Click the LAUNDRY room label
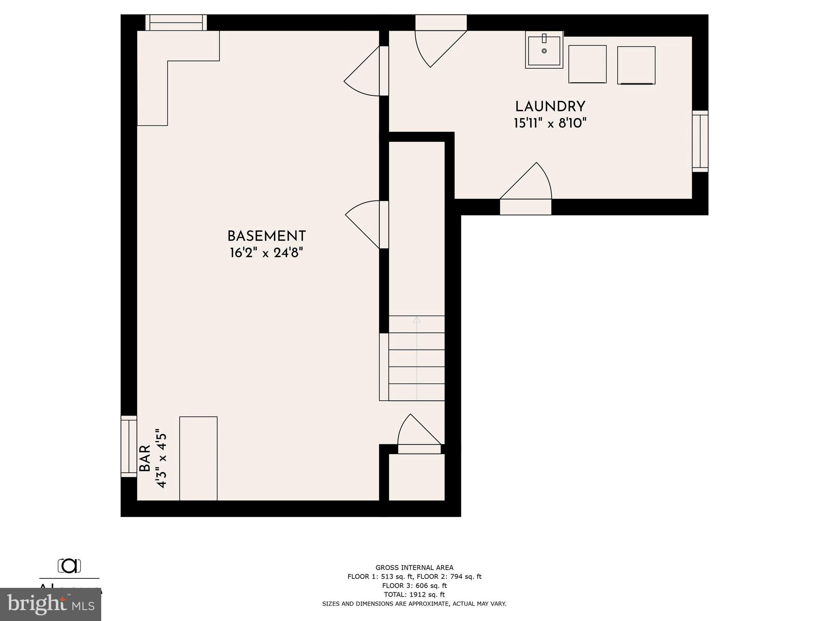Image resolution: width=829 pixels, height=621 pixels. (x=550, y=107)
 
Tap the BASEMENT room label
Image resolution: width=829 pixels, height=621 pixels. (x=266, y=236)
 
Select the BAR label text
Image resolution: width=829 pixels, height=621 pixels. (x=145, y=458)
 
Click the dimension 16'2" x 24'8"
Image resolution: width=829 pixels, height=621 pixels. (x=266, y=253)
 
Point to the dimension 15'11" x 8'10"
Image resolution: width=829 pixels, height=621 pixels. (x=550, y=123)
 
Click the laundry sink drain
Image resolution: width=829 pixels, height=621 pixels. (x=544, y=51)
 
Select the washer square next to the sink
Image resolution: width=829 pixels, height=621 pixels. (x=587, y=64)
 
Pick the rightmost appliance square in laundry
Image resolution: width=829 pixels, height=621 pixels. (x=636, y=65)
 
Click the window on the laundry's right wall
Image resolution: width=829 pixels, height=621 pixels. (x=700, y=141)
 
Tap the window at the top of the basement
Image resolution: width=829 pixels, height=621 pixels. (x=176, y=23)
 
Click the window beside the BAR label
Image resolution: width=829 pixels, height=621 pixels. (x=129, y=446)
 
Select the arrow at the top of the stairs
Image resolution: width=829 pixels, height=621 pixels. (x=417, y=320)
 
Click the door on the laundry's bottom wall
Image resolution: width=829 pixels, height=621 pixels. (x=525, y=207)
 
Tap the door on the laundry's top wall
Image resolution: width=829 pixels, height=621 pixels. (x=441, y=23)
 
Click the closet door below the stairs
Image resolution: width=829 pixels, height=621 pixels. (x=419, y=449)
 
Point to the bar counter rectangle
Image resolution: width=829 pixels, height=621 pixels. (x=198, y=458)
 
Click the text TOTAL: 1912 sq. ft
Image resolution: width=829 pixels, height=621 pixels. (x=414, y=594)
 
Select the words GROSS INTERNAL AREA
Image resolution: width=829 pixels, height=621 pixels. (x=414, y=568)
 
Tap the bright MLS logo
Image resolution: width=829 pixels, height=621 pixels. (x=51, y=604)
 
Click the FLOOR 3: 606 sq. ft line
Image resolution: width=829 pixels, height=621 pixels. (x=414, y=585)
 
